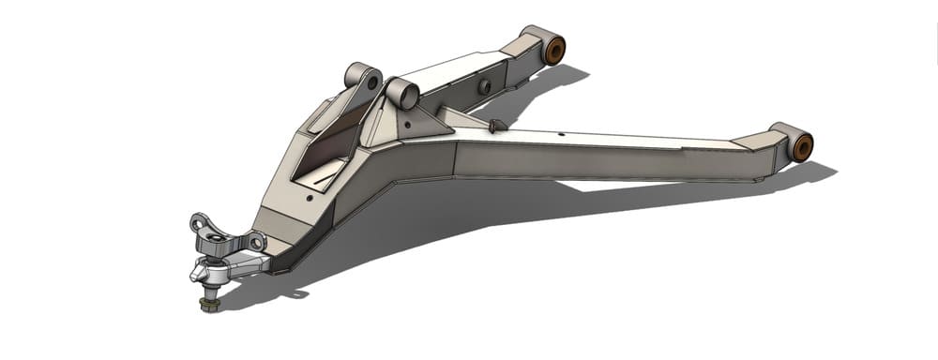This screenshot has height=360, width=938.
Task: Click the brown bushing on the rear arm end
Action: pyautogui.click(x=554, y=49)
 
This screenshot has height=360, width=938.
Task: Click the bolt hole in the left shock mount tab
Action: pyautogui.click(x=372, y=82)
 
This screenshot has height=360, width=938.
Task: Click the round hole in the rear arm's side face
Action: pyautogui.click(x=485, y=86)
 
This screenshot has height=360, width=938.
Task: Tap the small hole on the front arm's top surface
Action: pyautogui.click(x=560, y=135)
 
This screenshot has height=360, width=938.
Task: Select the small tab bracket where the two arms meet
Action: pyautogui.click(x=497, y=125)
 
